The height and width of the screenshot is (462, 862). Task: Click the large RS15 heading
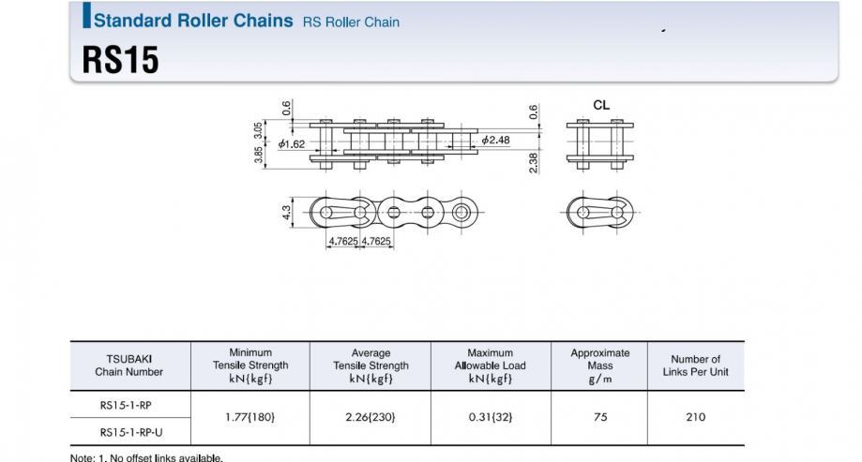tap(120, 59)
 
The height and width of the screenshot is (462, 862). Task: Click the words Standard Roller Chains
tap(193, 21)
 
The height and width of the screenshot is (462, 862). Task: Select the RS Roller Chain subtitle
tap(352, 22)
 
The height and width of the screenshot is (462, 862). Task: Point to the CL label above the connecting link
tap(601, 105)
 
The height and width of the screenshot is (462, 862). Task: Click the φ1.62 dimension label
tap(292, 144)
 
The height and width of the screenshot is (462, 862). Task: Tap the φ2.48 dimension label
tap(496, 140)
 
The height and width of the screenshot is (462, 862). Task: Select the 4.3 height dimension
tap(286, 213)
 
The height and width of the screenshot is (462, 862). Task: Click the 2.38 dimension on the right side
tap(534, 163)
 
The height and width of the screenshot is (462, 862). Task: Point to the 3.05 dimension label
tap(258, 131)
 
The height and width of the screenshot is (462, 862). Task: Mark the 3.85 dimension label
tap(258, 155)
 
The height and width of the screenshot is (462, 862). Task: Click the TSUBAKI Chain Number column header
tap(129, 365)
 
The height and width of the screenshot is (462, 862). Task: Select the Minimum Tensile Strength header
tap(250, 365)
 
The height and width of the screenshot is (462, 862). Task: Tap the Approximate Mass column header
tap(600, 365)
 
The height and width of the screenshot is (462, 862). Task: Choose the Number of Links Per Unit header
tap(695, 365)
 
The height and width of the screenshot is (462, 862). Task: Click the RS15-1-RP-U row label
tap(131, 432)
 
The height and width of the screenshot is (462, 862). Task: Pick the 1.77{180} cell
tap(250, 417)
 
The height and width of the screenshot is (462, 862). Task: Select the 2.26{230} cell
tap(371, 417)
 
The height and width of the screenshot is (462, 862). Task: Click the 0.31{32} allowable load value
tap(491, 417)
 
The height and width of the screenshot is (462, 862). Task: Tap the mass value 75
tap(600, 417)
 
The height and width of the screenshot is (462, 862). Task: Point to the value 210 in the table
tap(695, 417)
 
